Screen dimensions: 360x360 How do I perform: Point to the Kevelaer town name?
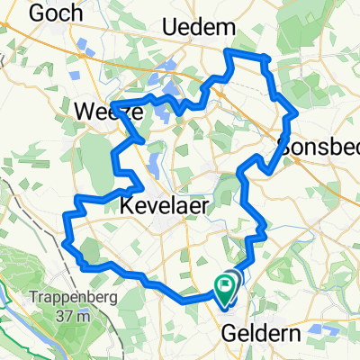click(x=163, y=206)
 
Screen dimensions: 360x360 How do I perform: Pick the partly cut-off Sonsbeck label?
click(x=319, y=147)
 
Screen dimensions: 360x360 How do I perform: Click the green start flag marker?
click(x=223, y=286)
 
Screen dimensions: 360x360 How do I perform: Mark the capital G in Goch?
click(x=36, y=13)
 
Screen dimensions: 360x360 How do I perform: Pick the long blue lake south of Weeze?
click(x=152, y=165)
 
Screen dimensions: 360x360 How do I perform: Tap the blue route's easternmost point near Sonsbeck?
click(x=296, y=114)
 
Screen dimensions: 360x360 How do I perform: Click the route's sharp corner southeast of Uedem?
click(x=267, y=59)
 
